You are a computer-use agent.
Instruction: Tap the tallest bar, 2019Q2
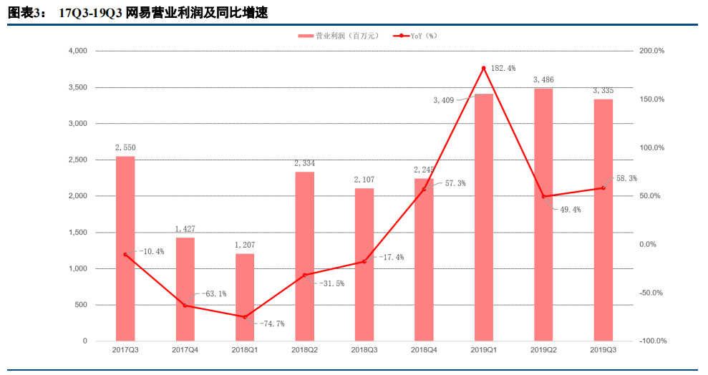click(543, 215)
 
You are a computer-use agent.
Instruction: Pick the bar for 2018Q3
click(364, 265)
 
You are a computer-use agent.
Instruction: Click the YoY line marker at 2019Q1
click(484, 68)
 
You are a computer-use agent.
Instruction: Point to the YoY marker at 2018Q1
click(245, 317)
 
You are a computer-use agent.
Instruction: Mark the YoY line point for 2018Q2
click(304, 275)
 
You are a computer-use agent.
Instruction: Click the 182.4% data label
click(503, 68)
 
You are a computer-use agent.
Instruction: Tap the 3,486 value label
click(543, 79)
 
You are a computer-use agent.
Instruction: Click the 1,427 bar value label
click(185, 229)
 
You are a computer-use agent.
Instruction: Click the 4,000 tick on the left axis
click(77, 51)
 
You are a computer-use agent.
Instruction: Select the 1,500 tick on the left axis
click(77, 233)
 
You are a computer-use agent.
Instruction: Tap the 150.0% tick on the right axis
click(652, 99)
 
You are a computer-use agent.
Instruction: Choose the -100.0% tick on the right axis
click(651, 341)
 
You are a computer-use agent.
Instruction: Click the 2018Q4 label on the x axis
click(424, 350)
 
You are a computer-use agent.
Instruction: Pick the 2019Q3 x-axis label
click(603, 350)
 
